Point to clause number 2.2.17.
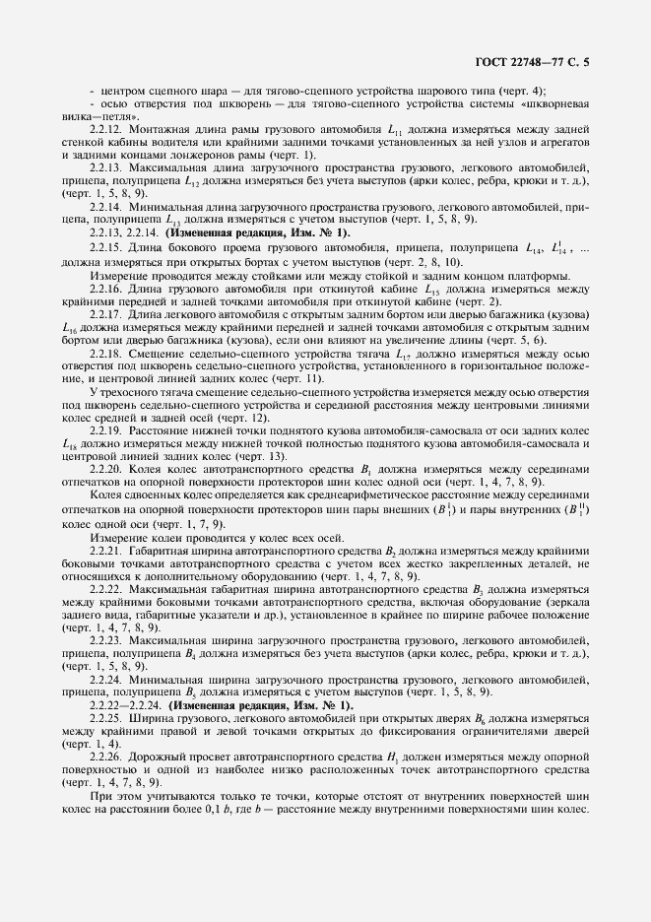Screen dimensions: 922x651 pyautogui.click(x=105, y=313)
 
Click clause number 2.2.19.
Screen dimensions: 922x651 pyautogui.click(x=105, y=431)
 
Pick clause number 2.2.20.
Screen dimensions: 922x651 pyautogui.click(x=105, y=470)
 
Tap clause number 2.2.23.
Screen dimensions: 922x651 pyautogui.click(x=105, y=640)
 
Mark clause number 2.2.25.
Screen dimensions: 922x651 pyautogui.click(x=105, y=721)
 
